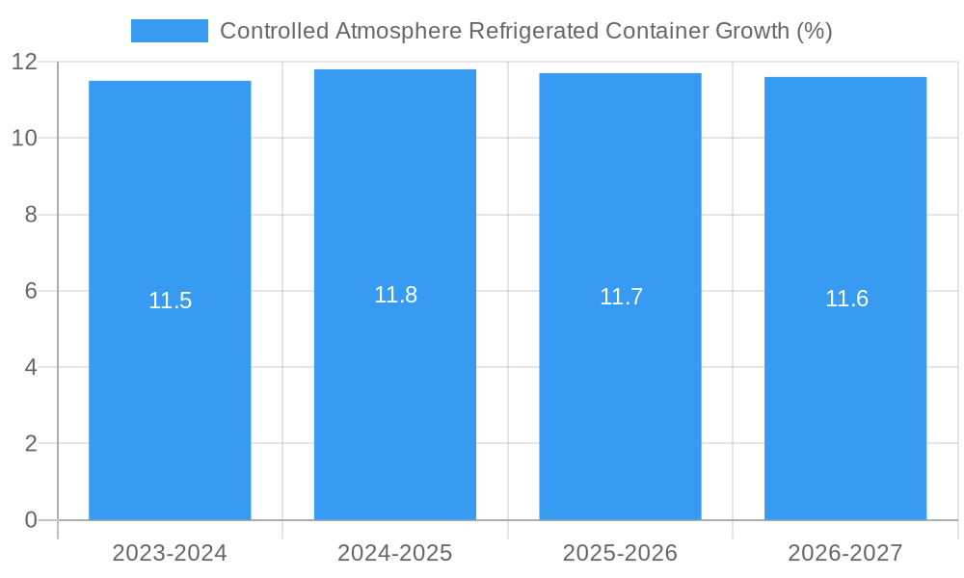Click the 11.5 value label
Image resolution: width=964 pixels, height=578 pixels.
tap(170, 301)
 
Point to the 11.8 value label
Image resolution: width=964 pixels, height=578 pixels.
tap(395, 295)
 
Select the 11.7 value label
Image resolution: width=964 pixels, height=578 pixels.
tap(621, 297)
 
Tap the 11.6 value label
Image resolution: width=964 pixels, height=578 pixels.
tap(846, 299)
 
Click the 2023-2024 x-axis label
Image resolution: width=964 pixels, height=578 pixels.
tap(170, 553)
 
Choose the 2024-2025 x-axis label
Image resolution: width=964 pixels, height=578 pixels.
tap(395, 553)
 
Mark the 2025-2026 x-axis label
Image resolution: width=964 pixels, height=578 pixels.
tap(620, 553)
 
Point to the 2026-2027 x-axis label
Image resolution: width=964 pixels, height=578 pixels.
tap(845, 553)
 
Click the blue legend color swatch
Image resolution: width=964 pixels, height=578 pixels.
tap(170, 31)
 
